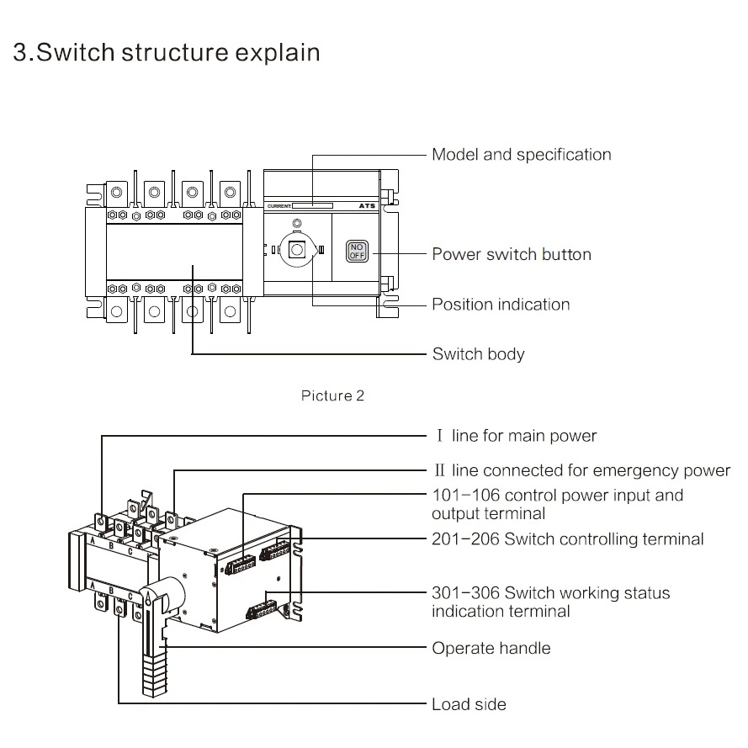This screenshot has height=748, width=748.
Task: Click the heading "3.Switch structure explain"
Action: [167, 52]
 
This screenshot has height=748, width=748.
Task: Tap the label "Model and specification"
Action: [521, 155]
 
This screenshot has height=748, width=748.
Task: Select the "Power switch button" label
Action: [511, 254]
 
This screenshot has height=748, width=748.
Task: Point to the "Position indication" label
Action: [501, 305]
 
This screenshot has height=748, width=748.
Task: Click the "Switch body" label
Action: [478, 354]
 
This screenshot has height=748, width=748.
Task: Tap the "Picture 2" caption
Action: [332, 395]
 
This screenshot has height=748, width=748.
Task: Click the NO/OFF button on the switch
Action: [357, 251]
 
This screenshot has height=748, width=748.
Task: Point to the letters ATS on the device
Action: [367, 206]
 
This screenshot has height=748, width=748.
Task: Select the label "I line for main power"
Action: [516, 436]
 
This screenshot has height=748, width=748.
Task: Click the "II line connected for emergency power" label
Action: [581, 470]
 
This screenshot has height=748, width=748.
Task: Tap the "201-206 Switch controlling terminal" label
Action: [567, 539]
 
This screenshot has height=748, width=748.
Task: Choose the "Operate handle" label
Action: [491, 649]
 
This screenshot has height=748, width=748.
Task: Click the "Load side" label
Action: [469, 704]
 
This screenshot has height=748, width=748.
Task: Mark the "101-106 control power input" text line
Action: [557, 496]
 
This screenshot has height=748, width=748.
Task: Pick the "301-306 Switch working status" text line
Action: [550, 593]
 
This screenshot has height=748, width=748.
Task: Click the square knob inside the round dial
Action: [296, 250]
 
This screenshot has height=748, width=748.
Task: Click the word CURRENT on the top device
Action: [279, 206]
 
